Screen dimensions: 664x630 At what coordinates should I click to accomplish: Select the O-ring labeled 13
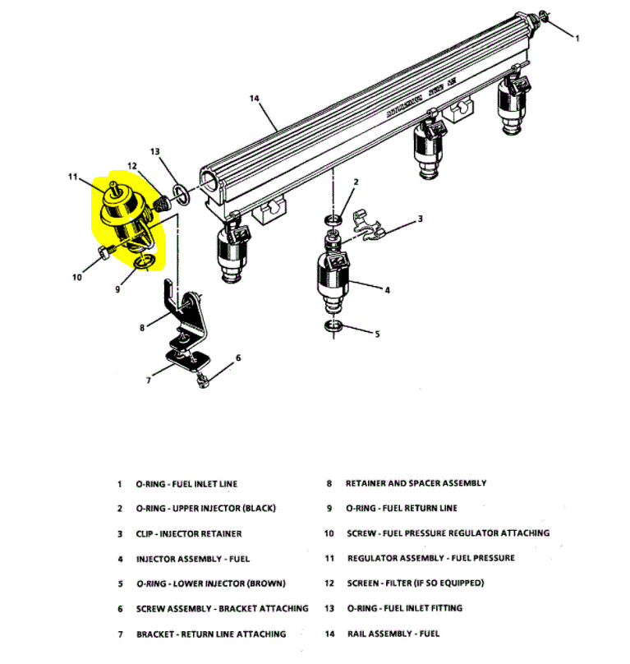(186, 198)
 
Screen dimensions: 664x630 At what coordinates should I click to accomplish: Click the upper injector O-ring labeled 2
(333, 220)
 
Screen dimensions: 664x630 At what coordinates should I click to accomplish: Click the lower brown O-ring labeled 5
(333, 328)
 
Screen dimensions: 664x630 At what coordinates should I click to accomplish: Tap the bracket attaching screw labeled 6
(202, 380)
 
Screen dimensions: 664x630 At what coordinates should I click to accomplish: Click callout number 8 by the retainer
(141, 326)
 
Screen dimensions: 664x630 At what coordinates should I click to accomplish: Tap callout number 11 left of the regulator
(72, 176)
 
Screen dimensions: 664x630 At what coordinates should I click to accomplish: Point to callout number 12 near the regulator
(132, 167)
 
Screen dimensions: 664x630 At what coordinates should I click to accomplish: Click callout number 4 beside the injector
(387, 288)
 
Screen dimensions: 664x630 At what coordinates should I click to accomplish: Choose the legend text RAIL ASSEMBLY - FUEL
(393, 634)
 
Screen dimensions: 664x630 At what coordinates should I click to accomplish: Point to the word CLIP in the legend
(146, 534)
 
